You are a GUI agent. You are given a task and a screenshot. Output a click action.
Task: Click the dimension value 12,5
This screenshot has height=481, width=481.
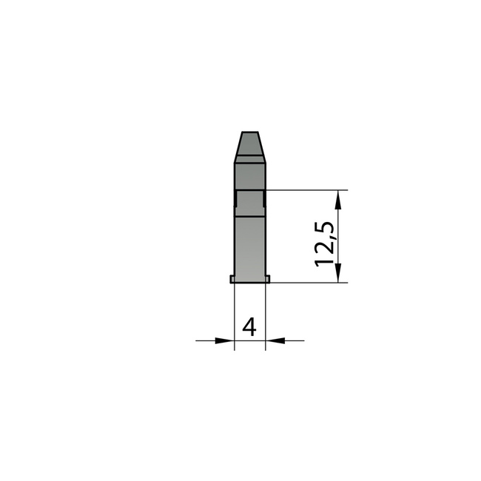(324, 244)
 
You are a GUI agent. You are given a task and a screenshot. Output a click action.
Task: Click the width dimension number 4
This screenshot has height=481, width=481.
(249, 326)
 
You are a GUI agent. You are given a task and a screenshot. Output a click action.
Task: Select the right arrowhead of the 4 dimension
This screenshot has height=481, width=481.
(275, 340)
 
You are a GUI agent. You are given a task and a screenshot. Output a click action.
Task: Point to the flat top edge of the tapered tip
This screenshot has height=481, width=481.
(250, 132)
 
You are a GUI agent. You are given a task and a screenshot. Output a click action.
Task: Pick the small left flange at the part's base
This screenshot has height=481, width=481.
(232, 279)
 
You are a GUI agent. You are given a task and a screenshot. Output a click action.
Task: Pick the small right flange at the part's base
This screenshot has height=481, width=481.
(267, 279)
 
